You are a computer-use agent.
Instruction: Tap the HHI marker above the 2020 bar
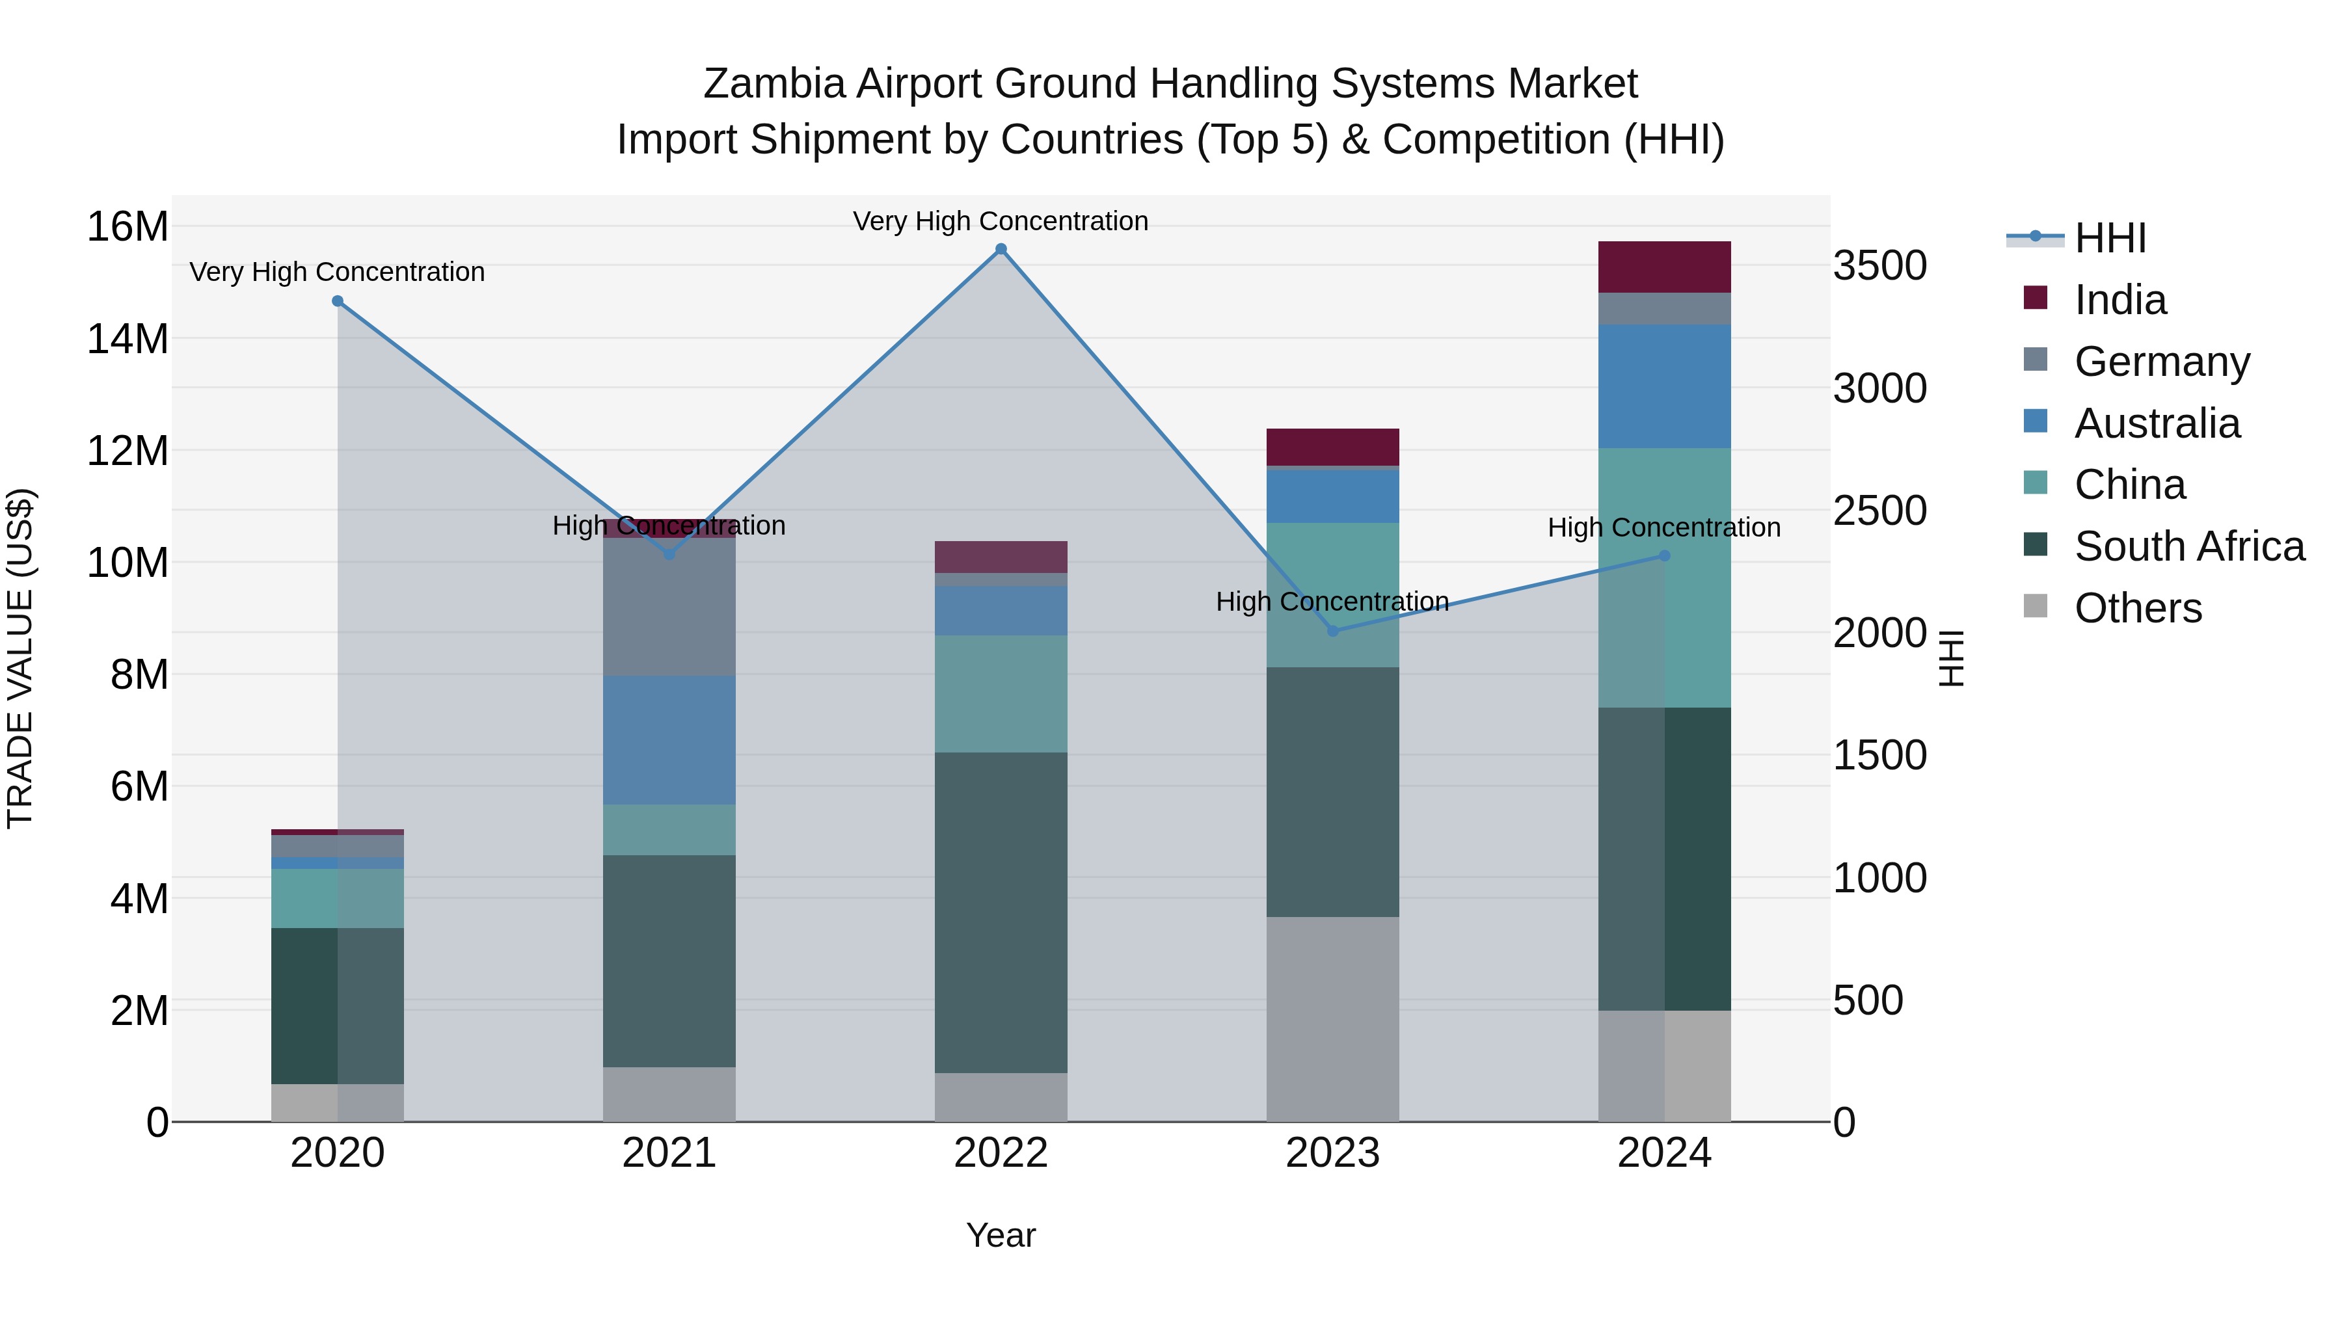click(x=337, y=301)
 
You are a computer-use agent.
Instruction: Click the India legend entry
click(x=2120, y=300)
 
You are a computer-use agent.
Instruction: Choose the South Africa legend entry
click(x=2188, y=546)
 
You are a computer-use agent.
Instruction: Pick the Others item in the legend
click(x=2138, y=608)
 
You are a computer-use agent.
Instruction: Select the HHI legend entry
click(x=2109, y=238)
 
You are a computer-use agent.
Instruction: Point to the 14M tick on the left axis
click(x=128, y=339)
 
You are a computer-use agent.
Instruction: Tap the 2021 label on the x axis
click(x=669, y=1153)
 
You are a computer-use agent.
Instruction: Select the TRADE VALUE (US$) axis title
click(x=20, y=658)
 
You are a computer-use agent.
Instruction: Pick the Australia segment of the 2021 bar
click(x=669, y=740)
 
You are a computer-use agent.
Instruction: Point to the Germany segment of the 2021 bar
click(x=669, y=607)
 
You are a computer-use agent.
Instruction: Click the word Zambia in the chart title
click(x=774, y=84)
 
